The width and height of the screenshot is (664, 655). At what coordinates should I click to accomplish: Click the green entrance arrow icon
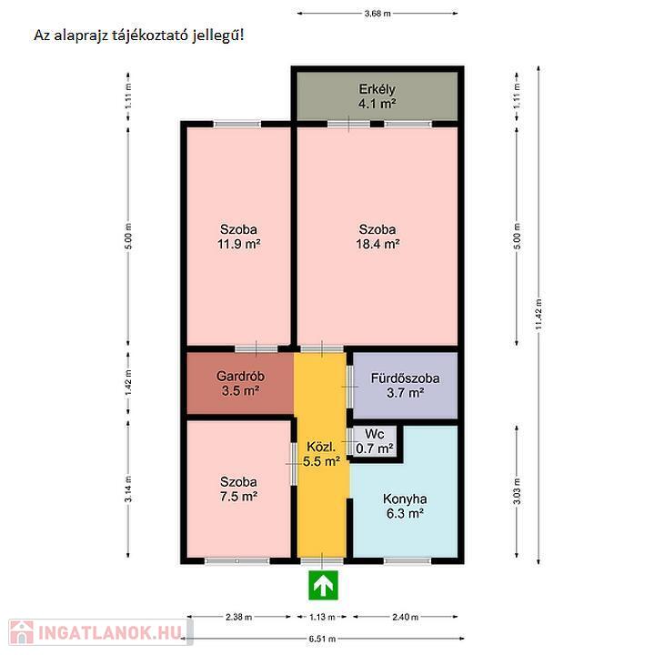(323, 586)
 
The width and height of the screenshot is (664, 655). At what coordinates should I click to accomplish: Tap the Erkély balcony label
(377, 89)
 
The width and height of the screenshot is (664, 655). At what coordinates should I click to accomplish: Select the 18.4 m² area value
(377, 244)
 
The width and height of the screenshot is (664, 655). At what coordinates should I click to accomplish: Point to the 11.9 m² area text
(239, 244)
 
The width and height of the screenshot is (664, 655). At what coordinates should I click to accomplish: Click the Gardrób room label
(240, 376)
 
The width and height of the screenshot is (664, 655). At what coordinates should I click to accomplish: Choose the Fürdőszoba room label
(406, 378)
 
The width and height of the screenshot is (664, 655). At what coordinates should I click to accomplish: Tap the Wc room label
(375, 434)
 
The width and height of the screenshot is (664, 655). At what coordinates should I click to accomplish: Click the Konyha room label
(405, 499)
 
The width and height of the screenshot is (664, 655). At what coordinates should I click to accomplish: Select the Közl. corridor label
(321, 447)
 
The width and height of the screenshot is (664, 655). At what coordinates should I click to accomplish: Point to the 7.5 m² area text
(239, 496)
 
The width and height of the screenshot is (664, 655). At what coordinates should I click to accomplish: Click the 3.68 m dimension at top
(377, 14)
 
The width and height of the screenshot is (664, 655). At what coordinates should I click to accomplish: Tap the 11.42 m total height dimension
(538, 314)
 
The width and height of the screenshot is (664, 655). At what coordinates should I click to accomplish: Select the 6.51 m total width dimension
(322, 639)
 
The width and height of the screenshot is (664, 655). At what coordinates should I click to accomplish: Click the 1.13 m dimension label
(322, 617)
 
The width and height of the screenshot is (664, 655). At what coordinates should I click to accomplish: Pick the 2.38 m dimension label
(239, 617)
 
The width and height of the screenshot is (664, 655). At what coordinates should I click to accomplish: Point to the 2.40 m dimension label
(406, 617)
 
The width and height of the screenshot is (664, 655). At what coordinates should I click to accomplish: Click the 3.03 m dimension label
(517, 491)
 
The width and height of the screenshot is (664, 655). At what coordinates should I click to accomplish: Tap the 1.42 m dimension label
(128, 382)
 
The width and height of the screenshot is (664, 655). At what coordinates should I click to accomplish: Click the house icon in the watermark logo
(22, 632)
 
